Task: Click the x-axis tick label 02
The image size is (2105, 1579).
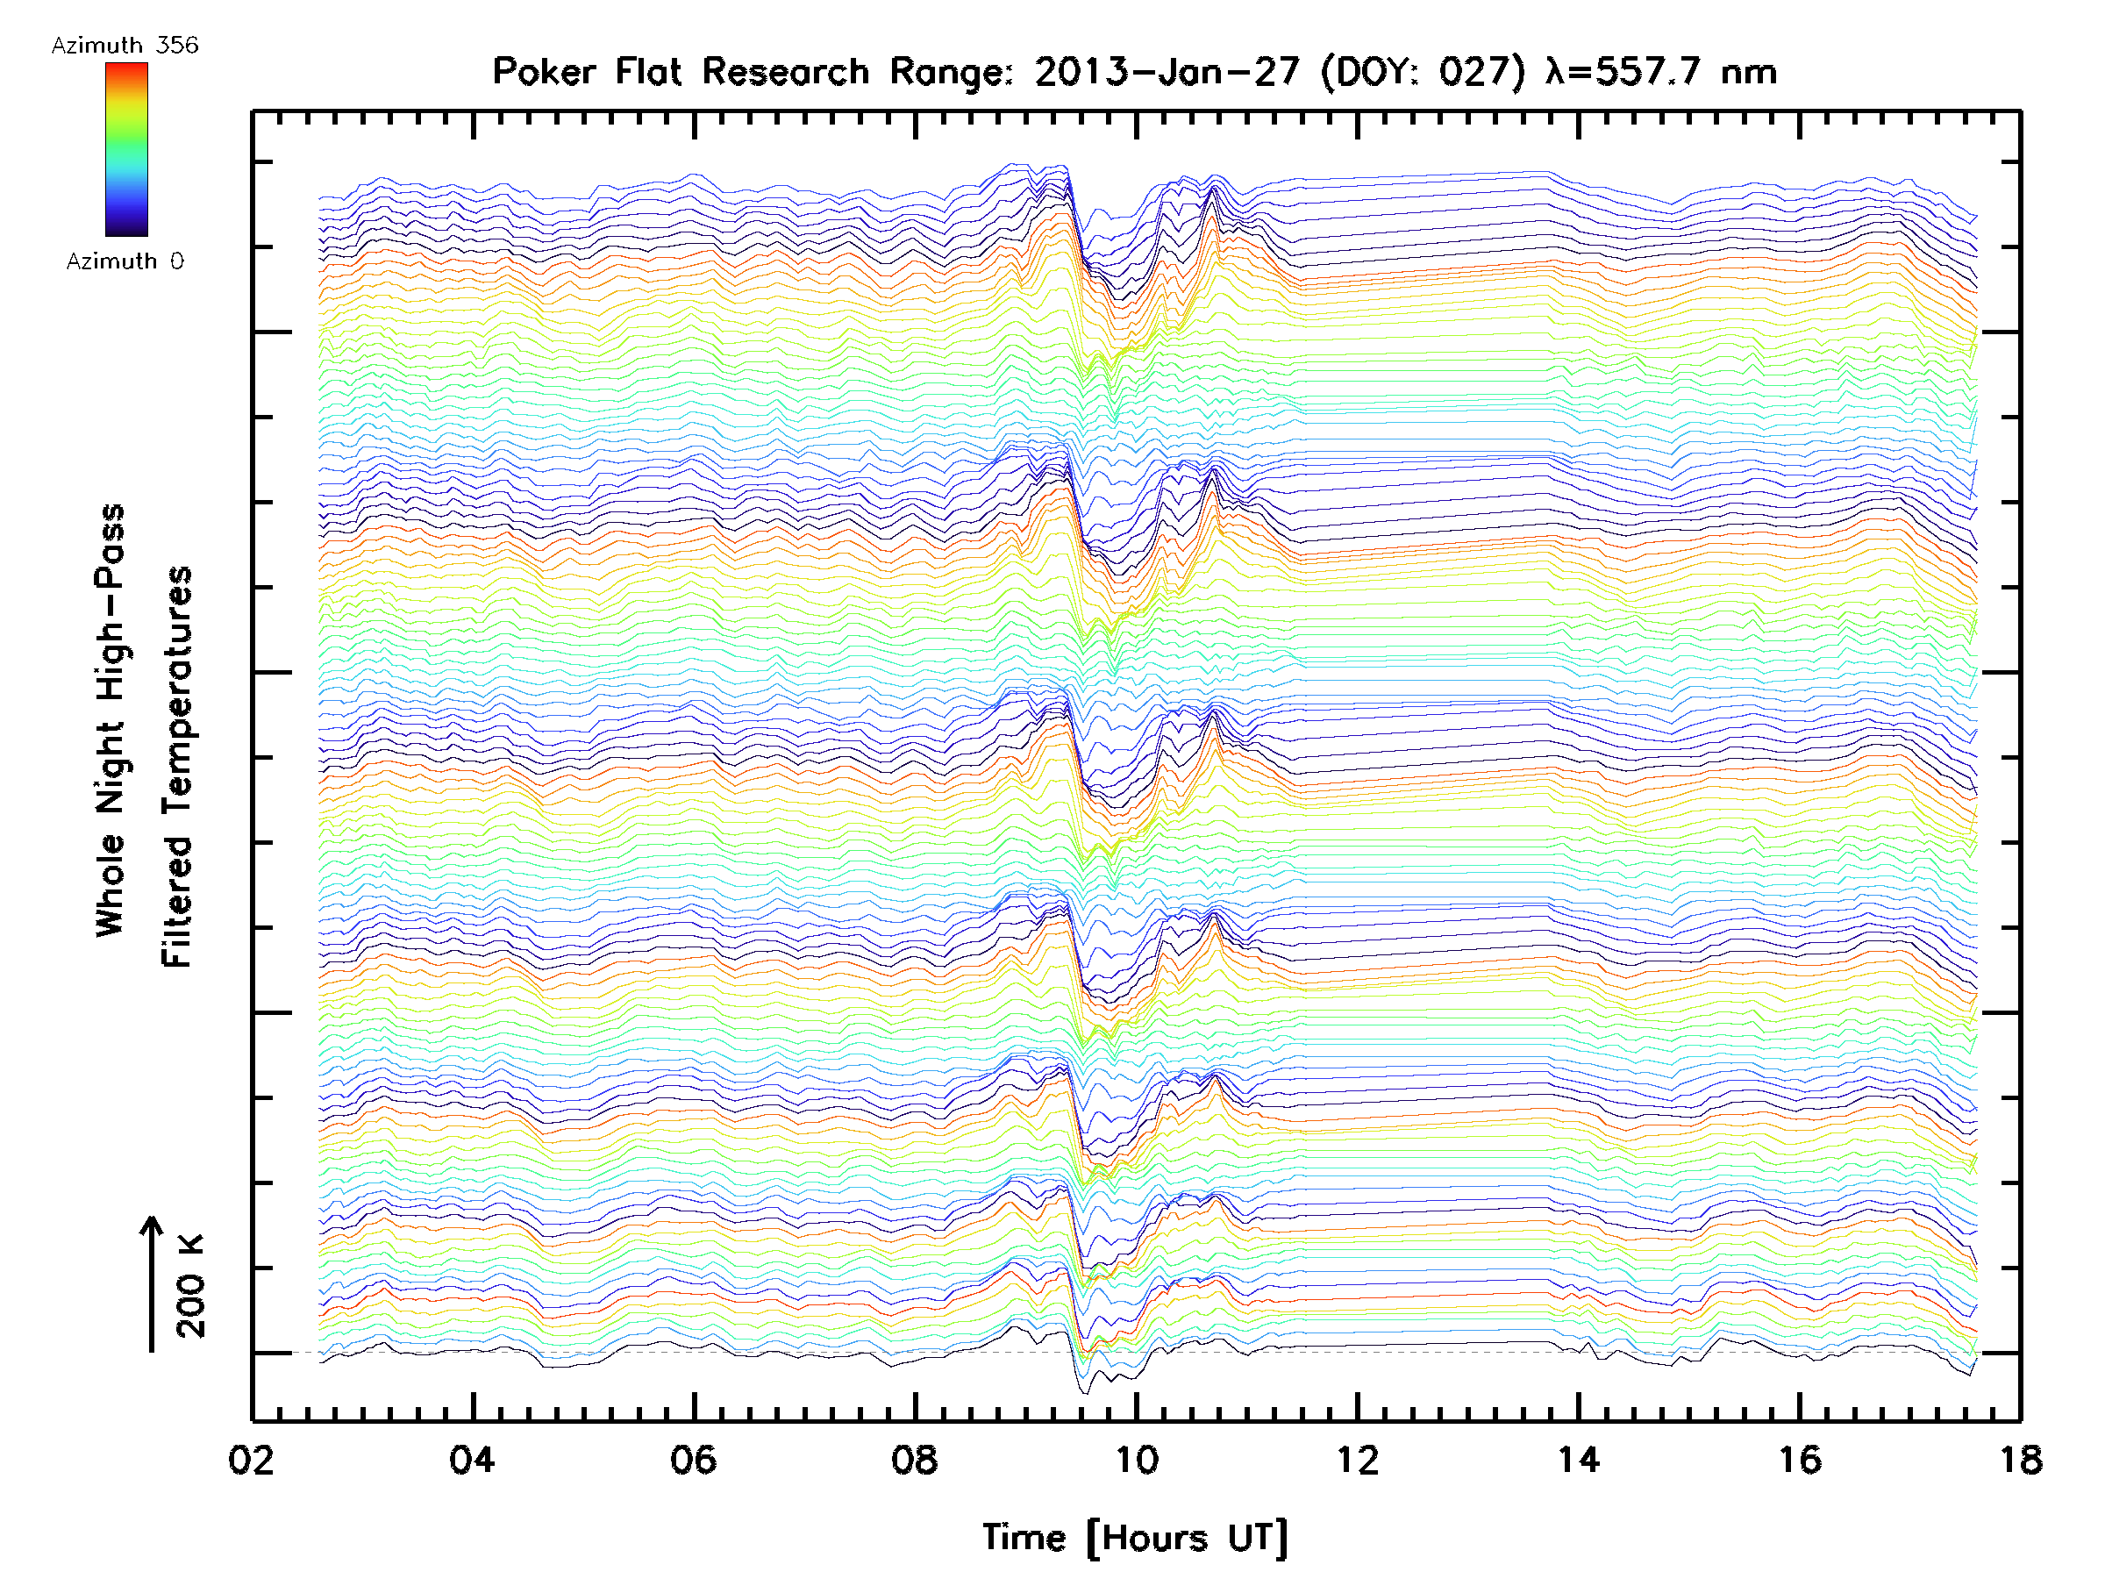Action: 251,1459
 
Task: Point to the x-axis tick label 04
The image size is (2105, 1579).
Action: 472,1459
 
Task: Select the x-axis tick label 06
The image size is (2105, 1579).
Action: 693,1459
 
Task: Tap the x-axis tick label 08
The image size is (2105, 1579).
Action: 915,1459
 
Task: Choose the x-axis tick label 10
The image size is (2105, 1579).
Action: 1136,1459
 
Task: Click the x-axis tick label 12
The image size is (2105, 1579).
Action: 1357,1459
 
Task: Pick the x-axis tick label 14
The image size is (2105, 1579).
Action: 1579,1459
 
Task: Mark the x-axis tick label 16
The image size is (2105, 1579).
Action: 1800,1459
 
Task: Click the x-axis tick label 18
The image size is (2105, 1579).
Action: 2020,1459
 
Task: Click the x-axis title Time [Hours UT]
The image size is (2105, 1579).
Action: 1135,1538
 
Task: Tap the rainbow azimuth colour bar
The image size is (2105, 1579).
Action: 126,149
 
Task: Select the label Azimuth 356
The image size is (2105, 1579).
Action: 125,45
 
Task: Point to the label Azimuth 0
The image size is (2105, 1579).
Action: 125,261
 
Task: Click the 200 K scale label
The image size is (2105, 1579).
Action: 190,1286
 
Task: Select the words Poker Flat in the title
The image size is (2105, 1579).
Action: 586,71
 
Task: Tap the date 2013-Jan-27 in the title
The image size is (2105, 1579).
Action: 1167,71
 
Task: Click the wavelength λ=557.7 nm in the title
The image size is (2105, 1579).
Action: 1661,71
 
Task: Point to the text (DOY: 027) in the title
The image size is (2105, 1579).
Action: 1424,71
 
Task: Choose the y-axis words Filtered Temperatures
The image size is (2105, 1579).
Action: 177,768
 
